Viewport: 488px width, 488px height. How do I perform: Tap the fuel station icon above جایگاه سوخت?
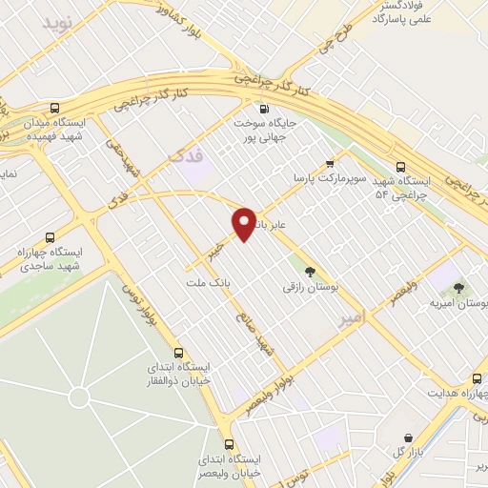(264, 108)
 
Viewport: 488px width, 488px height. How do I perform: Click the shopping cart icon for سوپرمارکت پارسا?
(329, 162)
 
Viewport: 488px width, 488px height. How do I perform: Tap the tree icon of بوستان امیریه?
(459, 287)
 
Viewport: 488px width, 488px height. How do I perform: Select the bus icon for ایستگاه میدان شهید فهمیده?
(54, 109)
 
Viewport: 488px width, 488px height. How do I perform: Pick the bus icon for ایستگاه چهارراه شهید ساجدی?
(51, 236)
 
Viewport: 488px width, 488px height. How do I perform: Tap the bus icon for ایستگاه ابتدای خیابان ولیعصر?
(229, 444)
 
